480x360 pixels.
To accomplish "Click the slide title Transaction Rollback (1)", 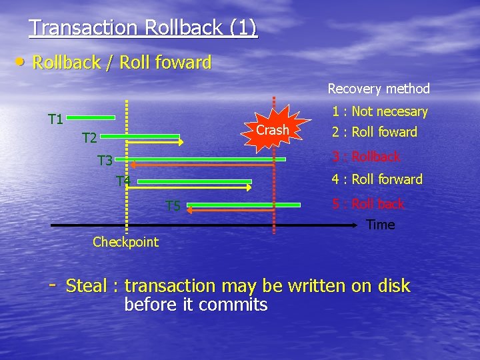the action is [143, 27].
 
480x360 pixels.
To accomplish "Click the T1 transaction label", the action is [56, 119].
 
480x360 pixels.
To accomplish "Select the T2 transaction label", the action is [89, 138].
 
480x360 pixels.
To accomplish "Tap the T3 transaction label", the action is [105, 160].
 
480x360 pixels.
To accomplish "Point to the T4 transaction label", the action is [123, 181].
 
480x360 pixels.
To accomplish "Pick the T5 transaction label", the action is [173, 206].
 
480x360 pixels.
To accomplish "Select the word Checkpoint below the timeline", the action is [125, 242].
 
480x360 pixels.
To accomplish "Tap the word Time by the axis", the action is [381, 225].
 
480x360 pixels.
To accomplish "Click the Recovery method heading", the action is [379, 88].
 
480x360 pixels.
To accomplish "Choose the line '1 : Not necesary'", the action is [379, 111].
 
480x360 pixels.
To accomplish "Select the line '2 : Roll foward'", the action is [375, 132].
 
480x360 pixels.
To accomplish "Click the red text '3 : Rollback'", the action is [366, 157].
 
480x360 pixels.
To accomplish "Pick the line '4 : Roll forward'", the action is [377, 179].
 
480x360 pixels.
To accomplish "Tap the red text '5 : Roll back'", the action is [368, 204].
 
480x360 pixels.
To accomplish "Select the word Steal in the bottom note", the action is [87, 286].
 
